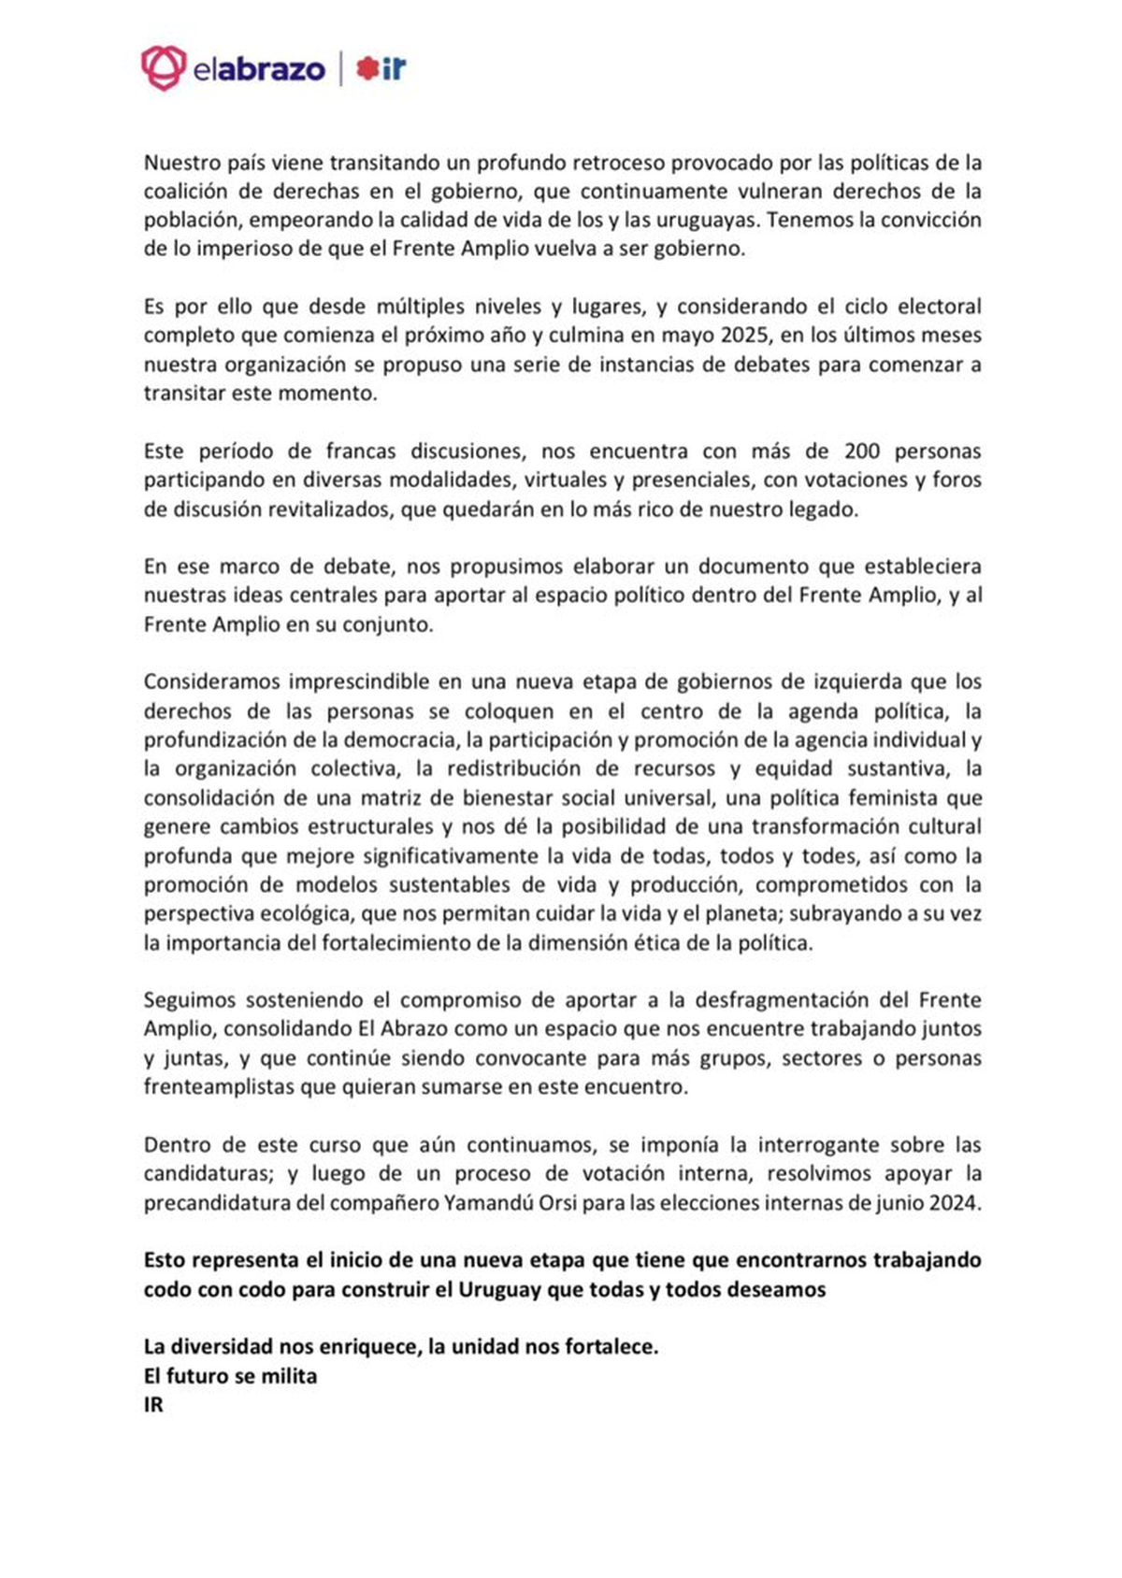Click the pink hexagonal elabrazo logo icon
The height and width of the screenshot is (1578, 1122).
coord(164,68)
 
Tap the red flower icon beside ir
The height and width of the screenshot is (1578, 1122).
coord(367,68)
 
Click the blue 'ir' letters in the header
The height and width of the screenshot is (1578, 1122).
coord(395,68)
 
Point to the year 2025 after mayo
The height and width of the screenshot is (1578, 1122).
coord(742,336)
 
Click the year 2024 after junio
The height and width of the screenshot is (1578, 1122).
coord(955,1203)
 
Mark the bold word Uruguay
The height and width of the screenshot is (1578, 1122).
coord(496,1290)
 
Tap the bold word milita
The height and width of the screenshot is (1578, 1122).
coord(289,1377)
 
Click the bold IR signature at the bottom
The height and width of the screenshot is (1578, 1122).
coord(153,1406)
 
